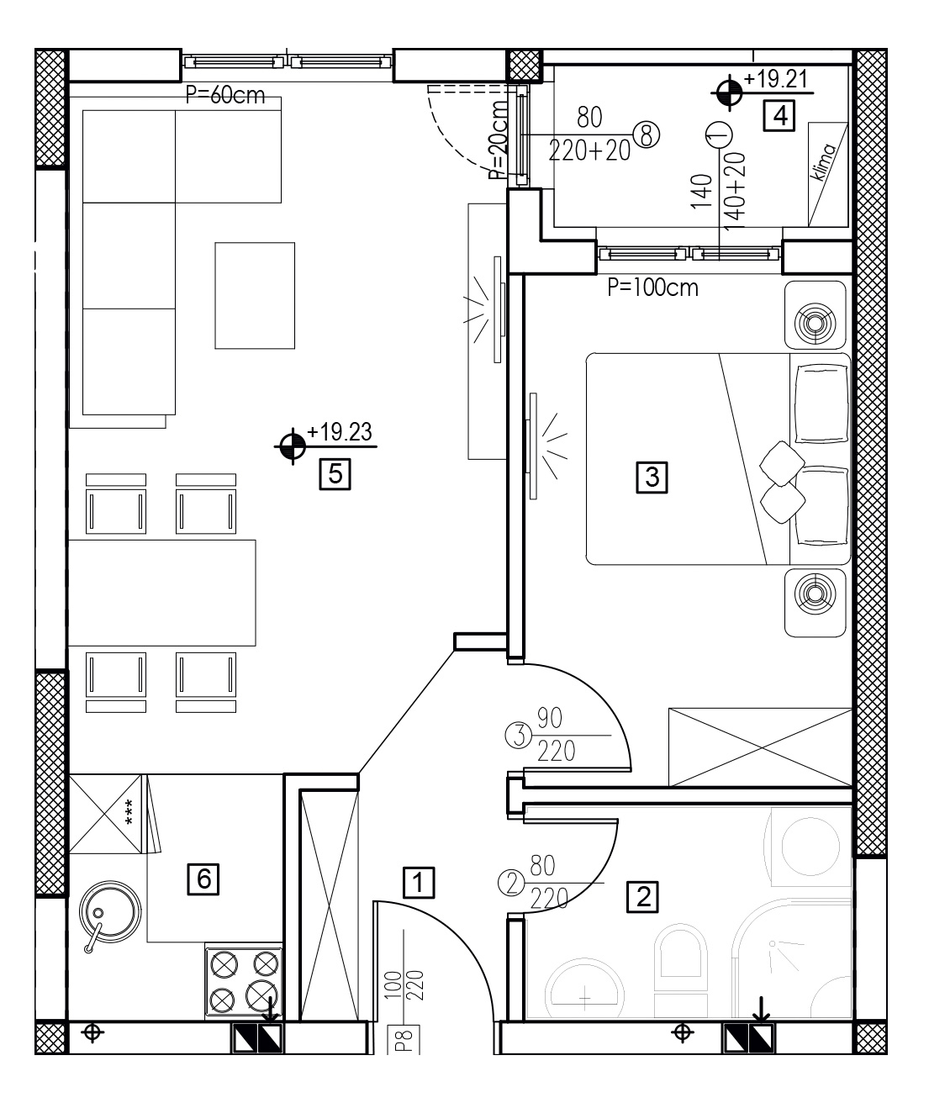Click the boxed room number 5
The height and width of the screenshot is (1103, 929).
335,474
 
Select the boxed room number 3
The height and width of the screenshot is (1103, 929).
652,478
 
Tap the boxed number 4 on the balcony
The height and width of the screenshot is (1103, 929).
779,115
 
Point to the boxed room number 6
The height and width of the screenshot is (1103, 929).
203,879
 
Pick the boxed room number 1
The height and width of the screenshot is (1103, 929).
419,883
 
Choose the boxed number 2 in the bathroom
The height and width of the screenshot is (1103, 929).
642,896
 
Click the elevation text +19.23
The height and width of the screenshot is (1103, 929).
340,431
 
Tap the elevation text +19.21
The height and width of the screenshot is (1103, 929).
776,79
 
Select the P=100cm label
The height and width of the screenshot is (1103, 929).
652,288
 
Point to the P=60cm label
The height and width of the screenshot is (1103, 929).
225,95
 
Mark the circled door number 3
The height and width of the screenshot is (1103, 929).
519,736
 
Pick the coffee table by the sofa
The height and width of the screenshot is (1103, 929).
255,295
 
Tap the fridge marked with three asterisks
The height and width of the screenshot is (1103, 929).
106,814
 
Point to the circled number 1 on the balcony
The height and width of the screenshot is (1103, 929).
718,135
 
